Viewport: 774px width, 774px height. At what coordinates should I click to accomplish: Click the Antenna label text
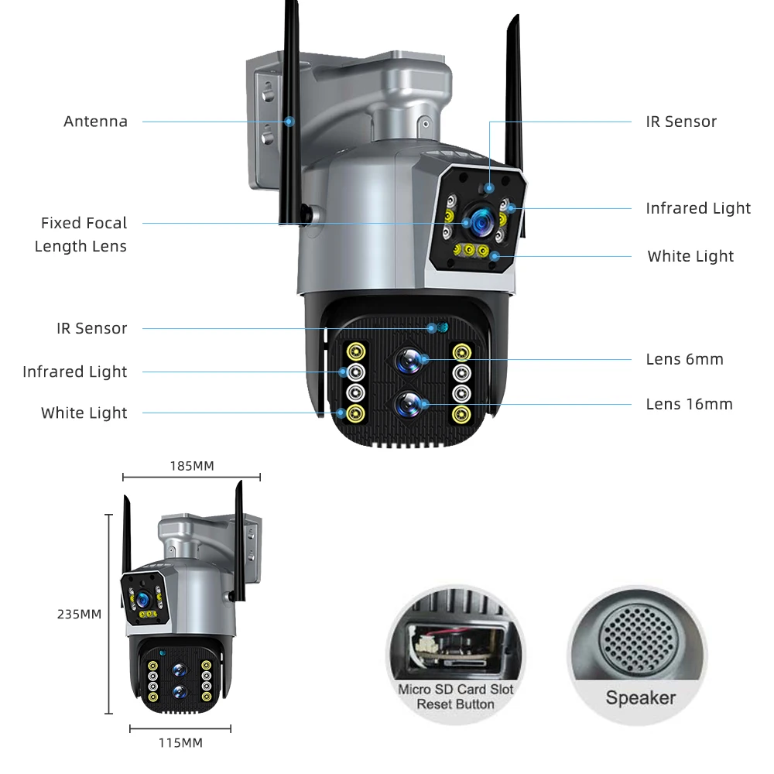95,122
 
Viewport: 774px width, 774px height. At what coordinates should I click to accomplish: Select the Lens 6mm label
684,359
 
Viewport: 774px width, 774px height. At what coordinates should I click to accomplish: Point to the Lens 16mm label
689,404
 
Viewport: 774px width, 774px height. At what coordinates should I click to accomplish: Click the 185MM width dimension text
191,466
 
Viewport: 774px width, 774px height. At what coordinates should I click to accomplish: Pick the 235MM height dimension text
79,615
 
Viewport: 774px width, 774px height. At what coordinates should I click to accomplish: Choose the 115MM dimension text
180,743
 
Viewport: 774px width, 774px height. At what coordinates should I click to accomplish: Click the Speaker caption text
640,698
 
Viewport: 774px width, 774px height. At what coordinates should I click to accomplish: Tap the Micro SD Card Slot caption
455,689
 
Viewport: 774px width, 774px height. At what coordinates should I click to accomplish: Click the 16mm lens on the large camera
410,404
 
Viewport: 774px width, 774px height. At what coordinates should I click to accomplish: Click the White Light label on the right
690,256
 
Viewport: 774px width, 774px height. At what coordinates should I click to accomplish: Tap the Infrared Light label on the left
74,372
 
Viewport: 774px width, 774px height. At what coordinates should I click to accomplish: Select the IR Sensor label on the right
681,122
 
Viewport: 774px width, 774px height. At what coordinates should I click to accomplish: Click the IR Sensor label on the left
91,328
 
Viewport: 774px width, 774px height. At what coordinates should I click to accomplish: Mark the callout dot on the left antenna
289,122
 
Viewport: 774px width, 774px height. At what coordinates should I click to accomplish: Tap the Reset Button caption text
455,704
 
